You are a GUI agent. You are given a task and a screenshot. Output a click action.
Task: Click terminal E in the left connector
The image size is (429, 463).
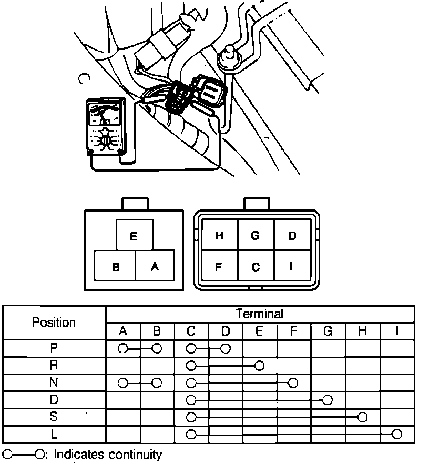coord(134,236)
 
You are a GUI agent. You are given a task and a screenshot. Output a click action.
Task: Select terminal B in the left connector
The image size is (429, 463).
coord(115,267)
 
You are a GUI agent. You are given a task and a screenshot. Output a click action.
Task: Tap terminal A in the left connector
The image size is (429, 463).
coord(155,267)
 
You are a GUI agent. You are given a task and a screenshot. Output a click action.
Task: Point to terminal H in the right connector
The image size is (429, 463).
coord(220,236)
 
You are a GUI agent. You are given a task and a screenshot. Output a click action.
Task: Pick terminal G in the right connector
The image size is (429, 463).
coord(256,236)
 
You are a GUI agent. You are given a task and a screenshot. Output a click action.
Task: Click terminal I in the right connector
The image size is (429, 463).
coord(292,267)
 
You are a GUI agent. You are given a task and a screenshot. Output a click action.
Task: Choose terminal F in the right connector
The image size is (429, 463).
coord(220,267)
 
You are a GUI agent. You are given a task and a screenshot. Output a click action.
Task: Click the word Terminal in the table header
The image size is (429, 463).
coord(260,314)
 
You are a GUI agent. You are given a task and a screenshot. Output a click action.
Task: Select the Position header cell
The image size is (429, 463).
coord(54,322)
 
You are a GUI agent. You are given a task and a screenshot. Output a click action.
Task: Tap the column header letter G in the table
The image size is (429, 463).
coord(328,331)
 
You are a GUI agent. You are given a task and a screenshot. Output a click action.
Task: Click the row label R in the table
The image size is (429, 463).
coord(54,365)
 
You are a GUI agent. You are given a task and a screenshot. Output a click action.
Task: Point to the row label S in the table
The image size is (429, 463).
coord(54,417)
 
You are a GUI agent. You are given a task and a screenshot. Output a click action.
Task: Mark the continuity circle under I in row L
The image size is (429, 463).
coord(397,435)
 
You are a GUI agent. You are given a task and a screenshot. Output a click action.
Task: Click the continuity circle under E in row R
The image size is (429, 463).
coord(259,365)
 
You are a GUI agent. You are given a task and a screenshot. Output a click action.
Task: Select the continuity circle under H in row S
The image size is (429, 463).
coord(362,417)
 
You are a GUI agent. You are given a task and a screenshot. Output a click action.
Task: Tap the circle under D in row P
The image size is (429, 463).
coord(226,348)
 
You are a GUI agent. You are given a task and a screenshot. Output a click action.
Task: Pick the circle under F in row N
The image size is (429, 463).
coord(293,383)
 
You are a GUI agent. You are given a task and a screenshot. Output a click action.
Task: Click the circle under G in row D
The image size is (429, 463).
coord(328,400)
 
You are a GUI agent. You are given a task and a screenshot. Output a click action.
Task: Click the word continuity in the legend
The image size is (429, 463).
coord(135,454)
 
